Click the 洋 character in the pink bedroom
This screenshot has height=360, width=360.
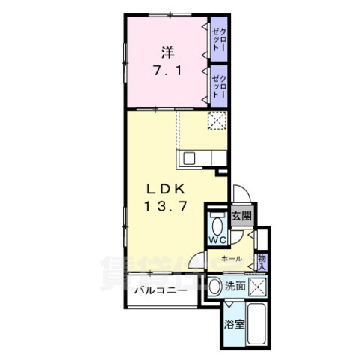click(167, 53)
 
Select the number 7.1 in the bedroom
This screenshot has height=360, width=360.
click(167, 71)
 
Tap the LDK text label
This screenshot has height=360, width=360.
click(166, 190)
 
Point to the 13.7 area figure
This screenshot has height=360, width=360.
click(166, 206)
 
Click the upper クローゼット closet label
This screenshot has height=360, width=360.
click(219, 39)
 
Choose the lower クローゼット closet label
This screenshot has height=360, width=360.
click(219, 86)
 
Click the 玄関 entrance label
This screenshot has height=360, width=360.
click(241, 216)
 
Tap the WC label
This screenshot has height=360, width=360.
click(217, 240)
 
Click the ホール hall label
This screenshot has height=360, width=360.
click(232, 259)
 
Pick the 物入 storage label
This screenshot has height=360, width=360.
click(262, 262)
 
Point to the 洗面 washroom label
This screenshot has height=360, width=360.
click(235, 286)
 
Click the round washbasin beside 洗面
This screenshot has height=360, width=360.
click(215, 286)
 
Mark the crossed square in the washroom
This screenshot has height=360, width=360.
click(257, 286)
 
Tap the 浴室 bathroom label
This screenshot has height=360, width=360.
click(234, 324)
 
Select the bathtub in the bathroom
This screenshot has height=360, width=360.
click(256, 324)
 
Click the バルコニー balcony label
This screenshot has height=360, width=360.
click(160, 290)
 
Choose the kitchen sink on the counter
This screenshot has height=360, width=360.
click(189, 158)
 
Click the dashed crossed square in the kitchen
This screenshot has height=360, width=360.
click(217, 121)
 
